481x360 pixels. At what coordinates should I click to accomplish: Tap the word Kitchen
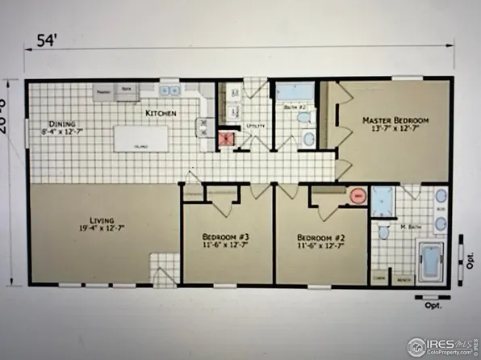[x=161, y=114]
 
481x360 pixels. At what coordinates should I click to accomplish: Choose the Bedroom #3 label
[x=225, y=241]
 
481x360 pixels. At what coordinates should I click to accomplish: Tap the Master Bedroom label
[x=395, y=123]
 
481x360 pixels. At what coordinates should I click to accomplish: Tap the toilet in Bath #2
[x=303, y=118]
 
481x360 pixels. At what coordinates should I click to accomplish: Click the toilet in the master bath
[x=384, y=232]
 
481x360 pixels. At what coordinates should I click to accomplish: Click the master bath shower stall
[x=382, y=199]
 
